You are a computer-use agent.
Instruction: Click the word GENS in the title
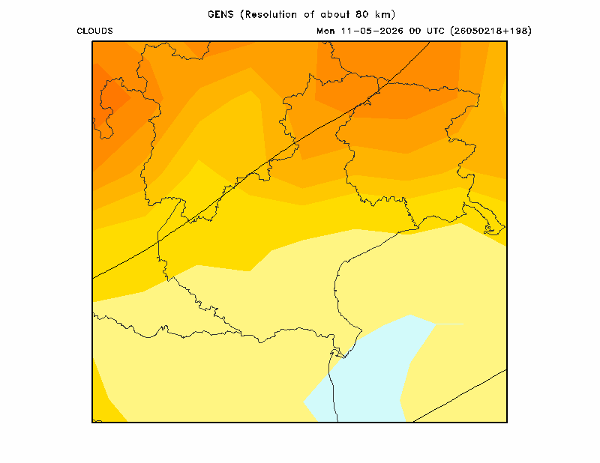point(220,14)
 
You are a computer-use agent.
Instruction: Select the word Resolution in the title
point(271,14)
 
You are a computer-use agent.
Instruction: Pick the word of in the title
point(309,14)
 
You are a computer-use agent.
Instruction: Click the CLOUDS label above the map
point(94,31)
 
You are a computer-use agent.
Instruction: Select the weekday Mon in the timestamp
point(325,31)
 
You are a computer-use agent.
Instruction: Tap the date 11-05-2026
point(372,31)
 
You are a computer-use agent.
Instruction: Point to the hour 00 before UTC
point(415,31)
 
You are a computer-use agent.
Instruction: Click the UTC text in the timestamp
point(435,31)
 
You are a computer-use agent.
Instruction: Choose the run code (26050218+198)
point(491,31)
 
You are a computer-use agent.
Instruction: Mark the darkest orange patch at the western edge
point(108,100)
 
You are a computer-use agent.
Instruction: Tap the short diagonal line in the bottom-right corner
point(460,396)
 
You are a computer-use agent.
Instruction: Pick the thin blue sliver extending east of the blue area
point(450,324)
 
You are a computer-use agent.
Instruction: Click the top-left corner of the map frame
point(92,41)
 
